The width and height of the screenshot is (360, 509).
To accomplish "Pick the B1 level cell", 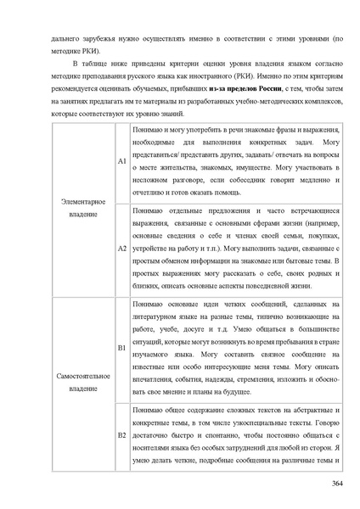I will coord(122,348).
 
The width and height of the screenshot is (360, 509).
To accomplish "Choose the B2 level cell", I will coord(122,434).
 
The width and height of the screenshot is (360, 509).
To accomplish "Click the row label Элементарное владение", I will coord(83,207).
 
